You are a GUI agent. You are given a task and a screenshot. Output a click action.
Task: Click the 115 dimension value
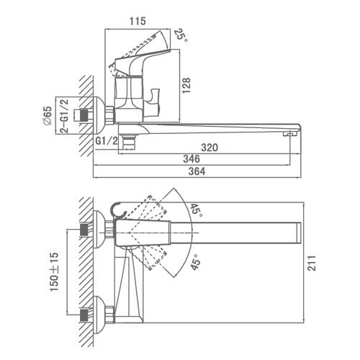click(138, 21)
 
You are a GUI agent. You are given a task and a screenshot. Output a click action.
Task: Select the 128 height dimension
click(186, 86)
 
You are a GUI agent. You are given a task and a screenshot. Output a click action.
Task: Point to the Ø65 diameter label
click(47, 115)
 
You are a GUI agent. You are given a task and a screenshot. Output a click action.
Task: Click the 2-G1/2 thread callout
click(64, 116)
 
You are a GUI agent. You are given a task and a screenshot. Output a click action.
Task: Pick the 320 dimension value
click(210, 148)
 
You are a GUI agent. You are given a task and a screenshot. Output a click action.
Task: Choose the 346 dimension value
click(192, 159)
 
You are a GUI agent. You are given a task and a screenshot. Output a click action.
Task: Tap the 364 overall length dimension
click(197, 171)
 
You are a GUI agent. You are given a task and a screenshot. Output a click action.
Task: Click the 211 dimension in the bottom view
click(312, 264)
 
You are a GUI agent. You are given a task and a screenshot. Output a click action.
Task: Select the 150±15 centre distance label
click(54, 271)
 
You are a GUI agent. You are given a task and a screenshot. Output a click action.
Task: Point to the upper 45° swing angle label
click(197, 210)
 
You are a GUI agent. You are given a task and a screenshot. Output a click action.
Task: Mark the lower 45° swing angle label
click(196, 262)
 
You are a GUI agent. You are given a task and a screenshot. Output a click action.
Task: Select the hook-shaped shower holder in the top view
click(118, 211)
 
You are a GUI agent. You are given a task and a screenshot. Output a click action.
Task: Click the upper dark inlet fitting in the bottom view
click(84, 230)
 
